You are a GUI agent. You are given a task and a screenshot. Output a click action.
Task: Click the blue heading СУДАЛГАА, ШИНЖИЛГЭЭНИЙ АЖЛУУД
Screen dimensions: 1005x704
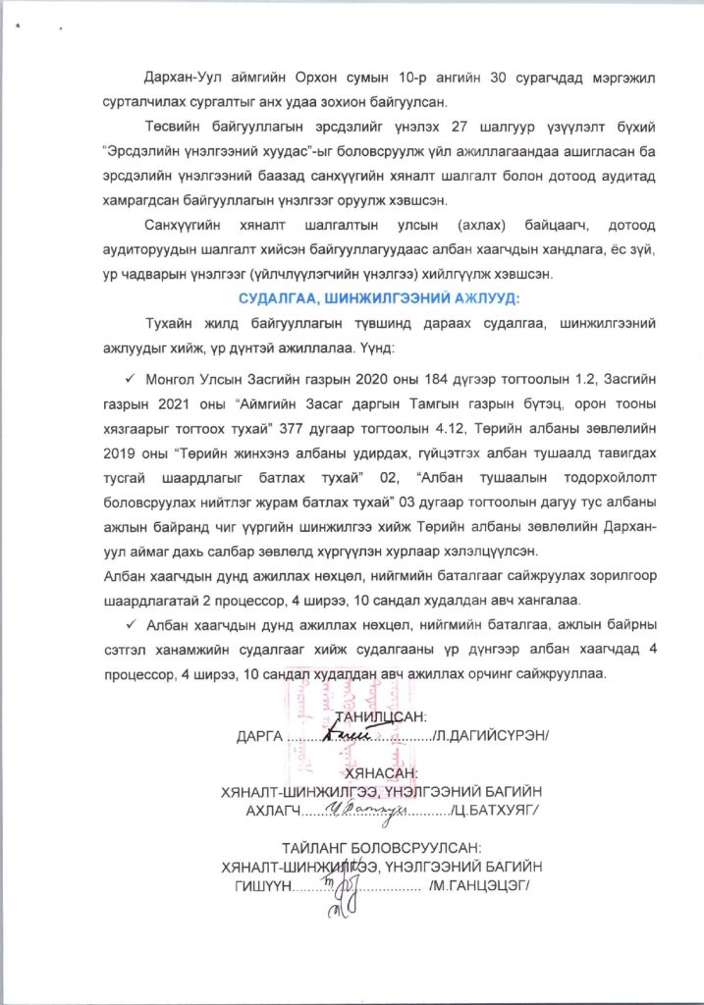pyautogui.click(x=379, y=297)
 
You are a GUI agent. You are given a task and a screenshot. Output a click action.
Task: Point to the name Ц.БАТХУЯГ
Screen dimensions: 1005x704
pyautogui.click(x=498, y=810)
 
